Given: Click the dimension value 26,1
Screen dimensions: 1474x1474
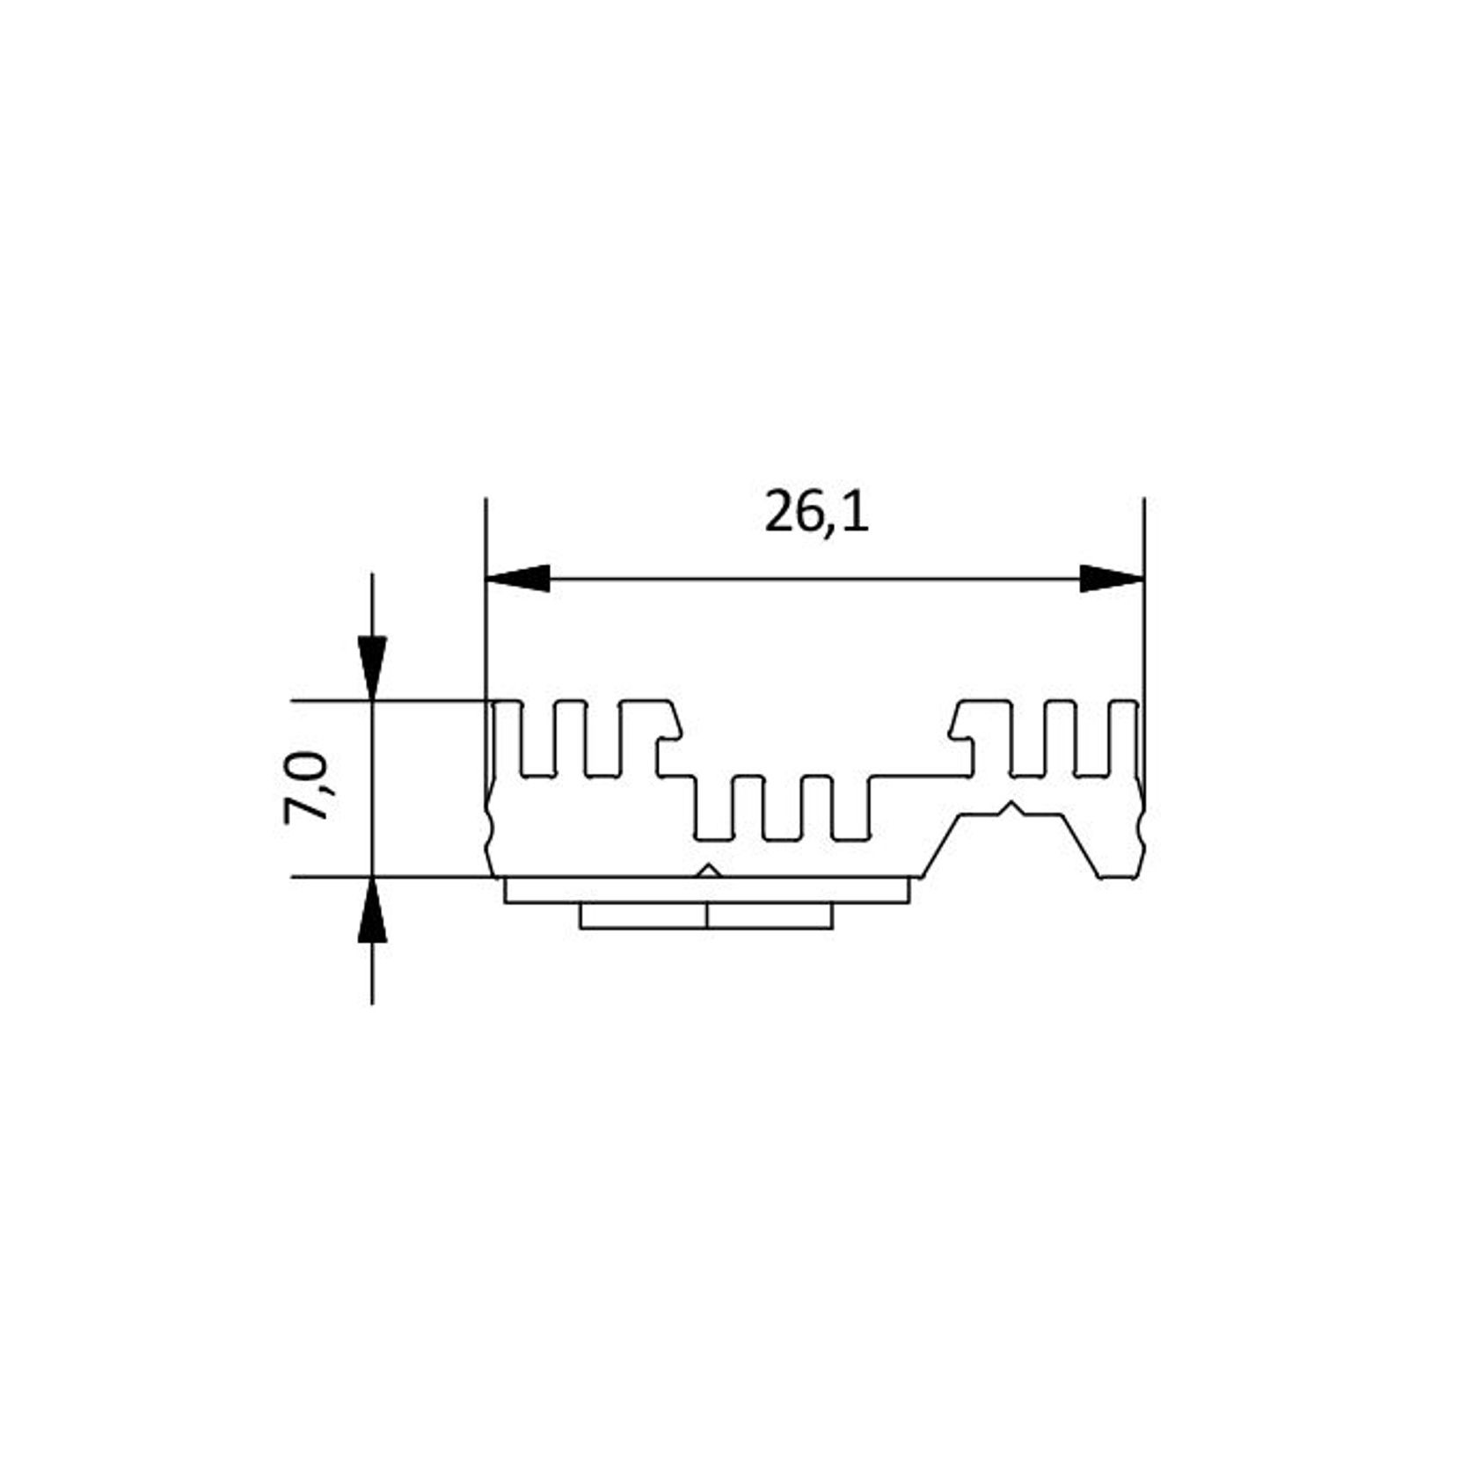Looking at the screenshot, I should pyautogui.click(x=816, y=513).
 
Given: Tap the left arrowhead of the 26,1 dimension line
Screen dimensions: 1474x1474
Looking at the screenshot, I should pyautogui.click(x=519, y=579).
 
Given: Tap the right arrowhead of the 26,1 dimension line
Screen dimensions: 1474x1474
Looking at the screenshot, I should pyautogui.click(x=1112, y=579).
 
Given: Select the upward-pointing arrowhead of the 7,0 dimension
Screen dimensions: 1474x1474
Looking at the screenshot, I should pyautogui.click(x=372, y=910).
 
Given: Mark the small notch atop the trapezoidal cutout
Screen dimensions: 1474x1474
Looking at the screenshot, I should pyautogui.click(x=1013, y=807).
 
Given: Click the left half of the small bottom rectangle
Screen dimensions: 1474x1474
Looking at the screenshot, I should pyautogui.click(x=643, y=916).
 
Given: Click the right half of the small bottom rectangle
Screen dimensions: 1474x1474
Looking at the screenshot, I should pyautogui.click(x=770, y=916).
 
